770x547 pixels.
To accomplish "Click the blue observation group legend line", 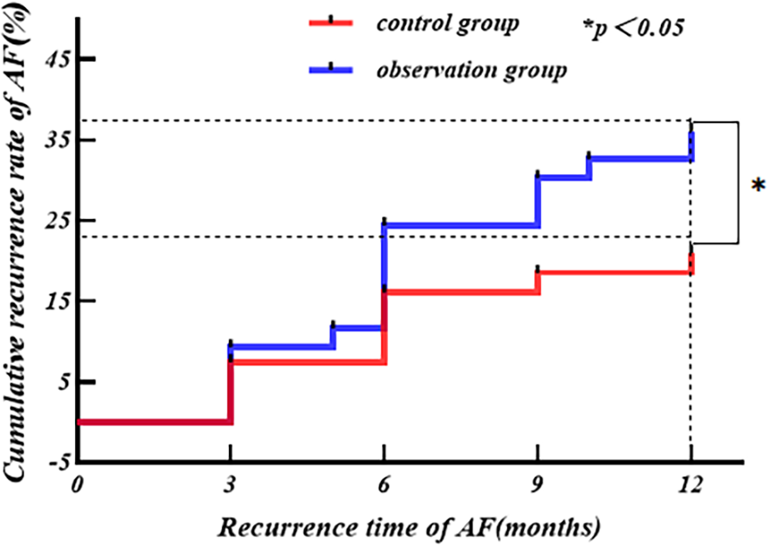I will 330,70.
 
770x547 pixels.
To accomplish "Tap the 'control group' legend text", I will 448,23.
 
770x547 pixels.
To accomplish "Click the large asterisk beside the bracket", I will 758,186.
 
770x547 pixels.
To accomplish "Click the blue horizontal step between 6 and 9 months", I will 460,226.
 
